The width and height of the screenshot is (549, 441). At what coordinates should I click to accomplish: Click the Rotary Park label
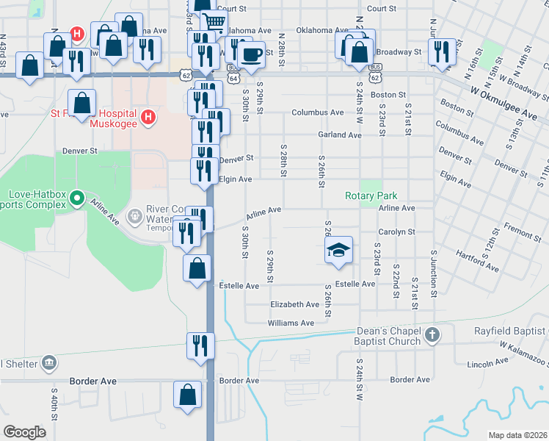click(x=371, y=196)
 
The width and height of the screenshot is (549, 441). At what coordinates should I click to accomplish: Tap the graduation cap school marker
click(x=338, y=250)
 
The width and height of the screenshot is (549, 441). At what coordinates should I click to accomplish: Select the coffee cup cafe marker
click(x=252, y=54)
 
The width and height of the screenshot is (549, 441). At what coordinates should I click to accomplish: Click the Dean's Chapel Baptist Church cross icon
click(x=433, y=336)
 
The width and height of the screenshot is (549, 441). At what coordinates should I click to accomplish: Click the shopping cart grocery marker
click(x=214, y=21)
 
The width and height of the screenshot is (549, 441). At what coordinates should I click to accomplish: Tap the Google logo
click(x=25, y=432)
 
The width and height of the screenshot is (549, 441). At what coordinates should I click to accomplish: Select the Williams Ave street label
click(x=291, y=323)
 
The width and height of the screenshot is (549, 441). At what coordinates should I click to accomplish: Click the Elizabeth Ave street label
click(x=294, y=304)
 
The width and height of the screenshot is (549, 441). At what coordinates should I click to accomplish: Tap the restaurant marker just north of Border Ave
click(x=200, y=345)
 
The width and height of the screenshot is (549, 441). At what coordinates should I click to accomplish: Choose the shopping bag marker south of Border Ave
click(x=188, y=394)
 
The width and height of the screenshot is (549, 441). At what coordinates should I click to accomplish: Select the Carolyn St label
click(x=396, y=232)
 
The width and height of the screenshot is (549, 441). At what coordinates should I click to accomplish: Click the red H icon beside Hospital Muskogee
click(x=148, y=116)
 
